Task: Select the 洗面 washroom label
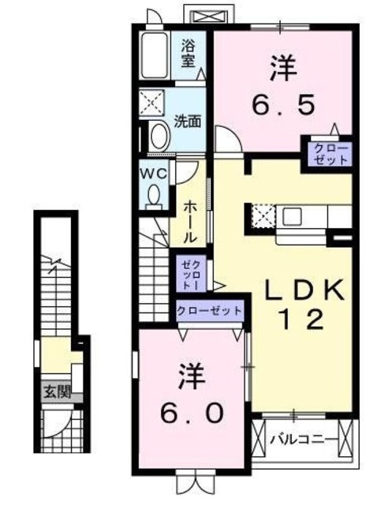188,122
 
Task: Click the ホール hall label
191,221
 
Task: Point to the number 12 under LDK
298,320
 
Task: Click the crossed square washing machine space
150,103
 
